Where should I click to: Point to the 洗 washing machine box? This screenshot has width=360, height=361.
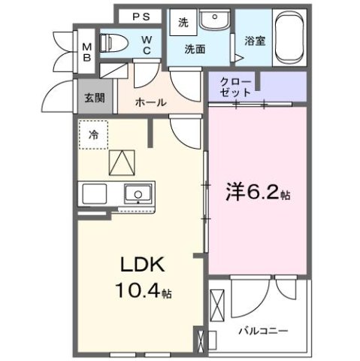point(183,22)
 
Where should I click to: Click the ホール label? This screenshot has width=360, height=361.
point(150,102)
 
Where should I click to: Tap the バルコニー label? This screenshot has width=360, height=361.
point(262,329)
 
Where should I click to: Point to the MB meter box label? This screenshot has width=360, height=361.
point(86,50)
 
